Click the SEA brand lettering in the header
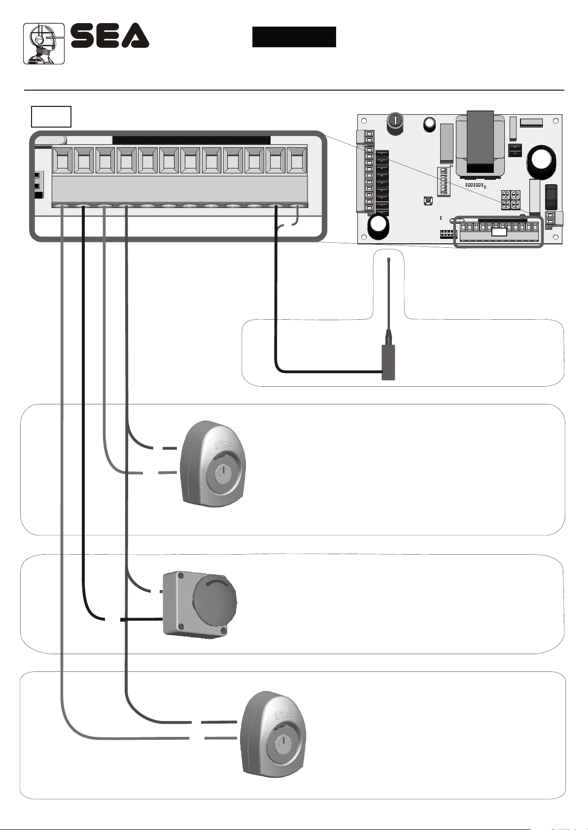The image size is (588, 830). pyautogui.click(x=109, y=35)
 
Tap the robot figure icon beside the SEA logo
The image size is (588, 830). pyautogui.click(x=44, y=43)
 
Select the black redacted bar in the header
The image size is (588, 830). pyautogui.click(x=294, y=37)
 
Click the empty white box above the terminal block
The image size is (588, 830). pyautogui.click(x=51, y=116)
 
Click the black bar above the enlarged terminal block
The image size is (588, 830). pyautogui.click(x=191, y=140)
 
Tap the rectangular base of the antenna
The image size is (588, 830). pyautogui.click(x=388, y=362)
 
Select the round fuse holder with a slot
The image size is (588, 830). pyautogui.click(x=396, y=120)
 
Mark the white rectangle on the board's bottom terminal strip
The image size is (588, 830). pyautogui.click(x=499, y=232)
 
